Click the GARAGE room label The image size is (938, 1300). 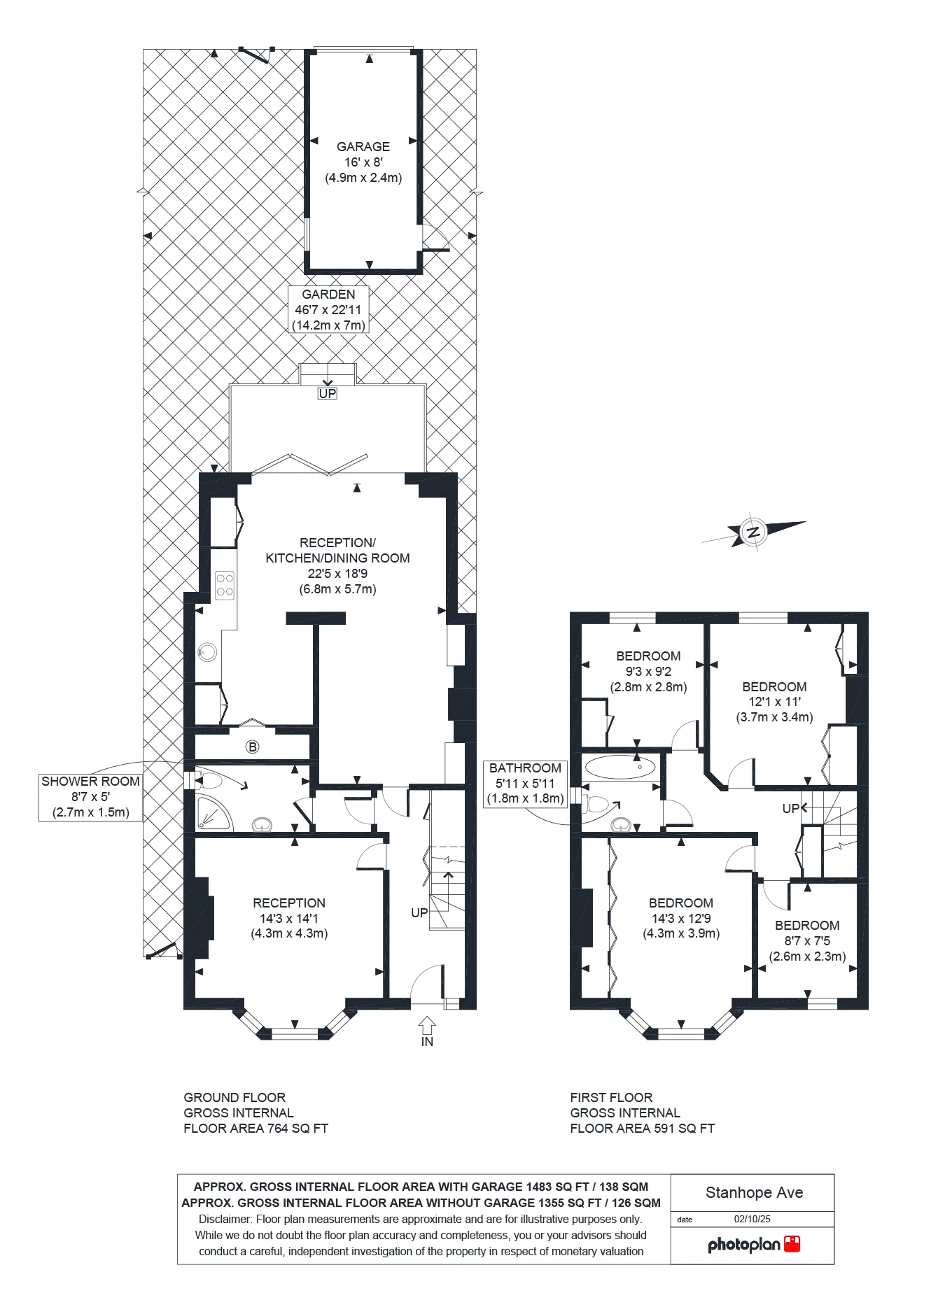(363, 147)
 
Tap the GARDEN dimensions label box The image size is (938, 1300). (328, 310)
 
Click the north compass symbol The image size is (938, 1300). (754, 532)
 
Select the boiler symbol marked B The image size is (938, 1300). (252, 747)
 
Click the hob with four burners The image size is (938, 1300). (225, 586)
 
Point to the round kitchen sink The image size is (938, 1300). (207, 652)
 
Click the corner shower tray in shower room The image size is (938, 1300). (211, 812)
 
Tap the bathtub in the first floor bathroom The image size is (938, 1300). (620, 767)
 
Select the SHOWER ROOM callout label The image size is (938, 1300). (91, 797)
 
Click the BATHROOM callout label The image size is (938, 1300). (525, 783)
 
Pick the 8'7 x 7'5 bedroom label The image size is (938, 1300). (807, 940)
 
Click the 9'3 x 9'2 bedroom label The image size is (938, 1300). (648, 671)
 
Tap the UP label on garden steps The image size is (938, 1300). (327, 393)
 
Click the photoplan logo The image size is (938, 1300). (753, 1244)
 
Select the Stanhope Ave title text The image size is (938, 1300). (754, 1192)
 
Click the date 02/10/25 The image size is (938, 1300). (752, 1219)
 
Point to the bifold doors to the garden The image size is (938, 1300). (309, 464)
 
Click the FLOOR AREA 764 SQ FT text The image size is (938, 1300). (255, 1128)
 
